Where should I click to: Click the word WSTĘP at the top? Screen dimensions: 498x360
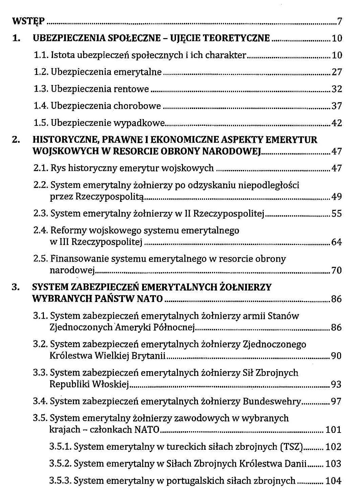tap(28, 22)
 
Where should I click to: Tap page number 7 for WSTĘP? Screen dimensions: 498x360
tap(339, 22)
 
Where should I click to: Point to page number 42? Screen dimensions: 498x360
tap(337, 123)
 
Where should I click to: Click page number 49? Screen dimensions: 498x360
tap(337, 197)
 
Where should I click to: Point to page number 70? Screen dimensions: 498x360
tap(337, 270)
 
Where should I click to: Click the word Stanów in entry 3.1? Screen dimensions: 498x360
tap(283, 316)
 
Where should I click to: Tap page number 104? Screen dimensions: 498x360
tap(333, 481)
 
